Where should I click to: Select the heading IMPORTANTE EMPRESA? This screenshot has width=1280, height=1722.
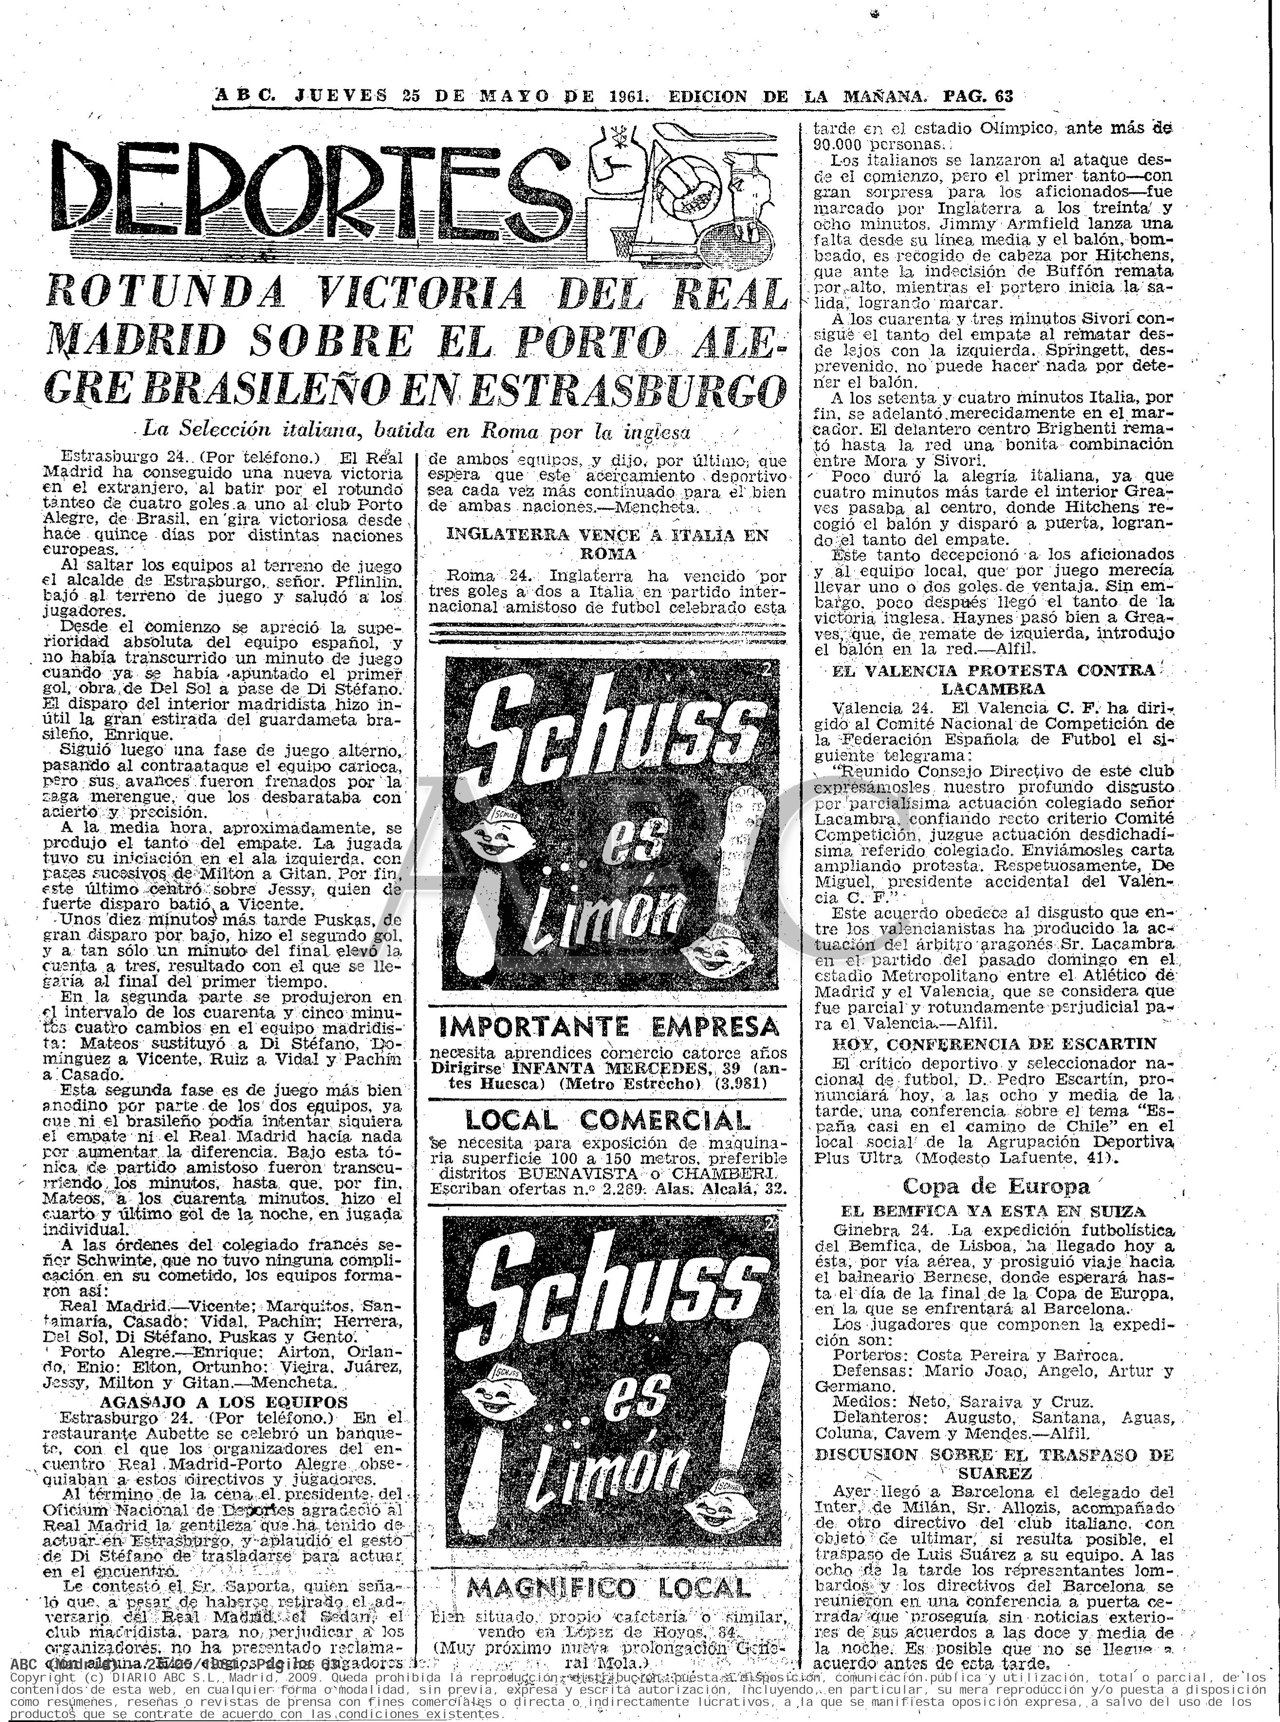click(x=609, y=1027)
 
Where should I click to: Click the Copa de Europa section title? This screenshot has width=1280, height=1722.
click(x=996, y=1187)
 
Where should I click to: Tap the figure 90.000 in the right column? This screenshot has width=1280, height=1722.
click(x=840, y=144)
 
